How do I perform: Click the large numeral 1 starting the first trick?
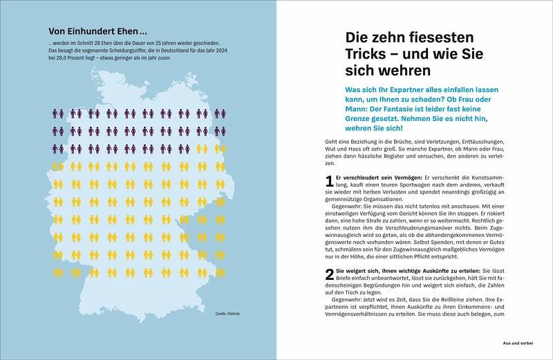pyautogui.click(x=329, y=182)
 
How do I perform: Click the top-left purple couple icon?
pyautogui.click(x=59, y=113)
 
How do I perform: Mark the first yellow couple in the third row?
pyautogui.click(x=201, y=148)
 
